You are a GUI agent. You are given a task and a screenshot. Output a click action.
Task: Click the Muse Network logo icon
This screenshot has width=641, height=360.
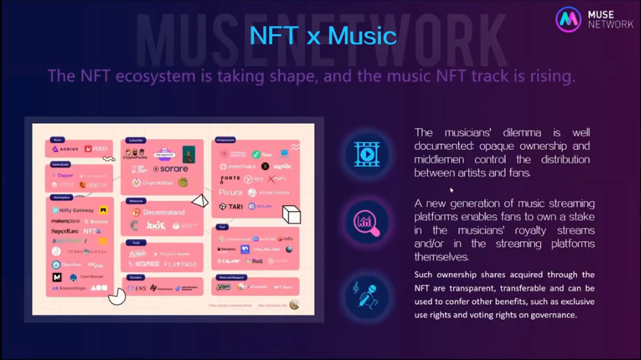tap(568, 19)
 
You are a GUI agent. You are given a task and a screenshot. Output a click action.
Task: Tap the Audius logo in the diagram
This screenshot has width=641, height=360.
tap(66, 148)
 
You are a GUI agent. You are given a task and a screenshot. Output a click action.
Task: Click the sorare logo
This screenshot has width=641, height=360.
tap(170, 169)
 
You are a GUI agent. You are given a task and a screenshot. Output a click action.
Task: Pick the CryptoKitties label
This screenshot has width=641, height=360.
tap(157, 183)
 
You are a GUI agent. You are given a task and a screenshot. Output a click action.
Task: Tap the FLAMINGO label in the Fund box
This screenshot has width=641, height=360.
tap(180, 264)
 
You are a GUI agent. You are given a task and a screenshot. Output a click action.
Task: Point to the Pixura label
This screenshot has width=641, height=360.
tap(230, 192)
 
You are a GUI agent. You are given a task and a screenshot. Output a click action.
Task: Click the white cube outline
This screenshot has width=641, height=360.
tap(290, 215)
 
